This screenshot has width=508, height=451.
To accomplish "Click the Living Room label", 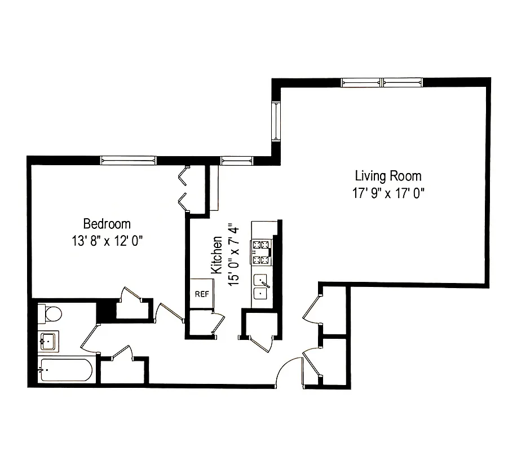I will click(x=388, y=176).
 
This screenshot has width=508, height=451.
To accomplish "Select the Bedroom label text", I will click(x=107, y=224).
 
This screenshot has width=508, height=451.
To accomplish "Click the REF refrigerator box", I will click(x=201, y=294).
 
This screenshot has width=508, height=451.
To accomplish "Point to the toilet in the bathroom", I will click(x=48, y=313).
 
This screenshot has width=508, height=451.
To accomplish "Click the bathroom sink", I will click(x=48, y=341).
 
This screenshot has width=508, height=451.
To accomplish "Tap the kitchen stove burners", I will click(x=262, y=253).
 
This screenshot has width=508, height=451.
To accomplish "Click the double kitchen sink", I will click(x=261, y=286).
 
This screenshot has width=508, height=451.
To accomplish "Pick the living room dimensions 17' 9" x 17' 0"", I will click(x=388, y=193).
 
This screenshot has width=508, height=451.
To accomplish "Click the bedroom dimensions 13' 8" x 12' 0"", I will click(x=107, y=240).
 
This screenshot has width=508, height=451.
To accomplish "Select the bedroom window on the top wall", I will click(x=127, y=160).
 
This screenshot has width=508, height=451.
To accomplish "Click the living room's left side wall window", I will click(x=276, y=121).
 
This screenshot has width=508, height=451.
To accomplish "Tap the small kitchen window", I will click(x=237, y=161).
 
